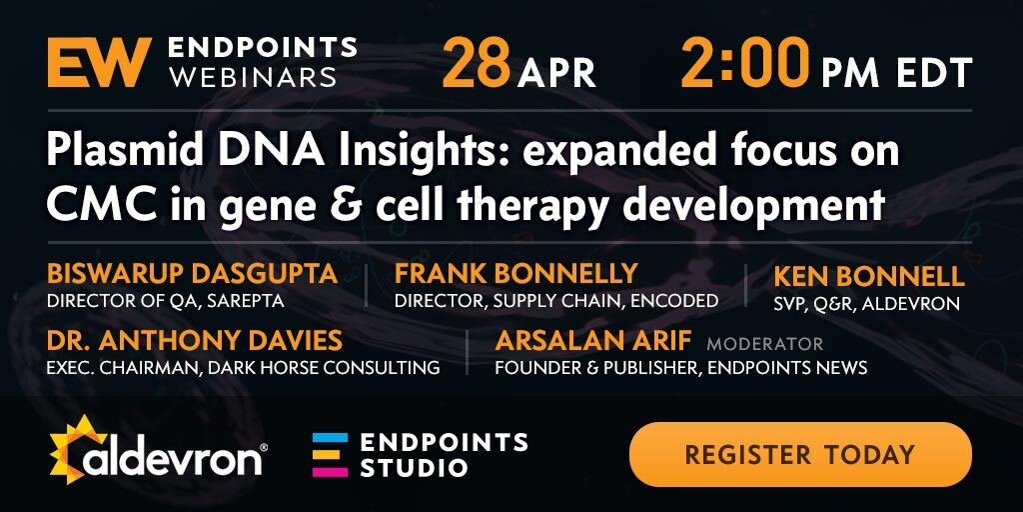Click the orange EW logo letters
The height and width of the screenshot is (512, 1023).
[99, 62]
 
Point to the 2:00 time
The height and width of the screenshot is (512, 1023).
[745, 64]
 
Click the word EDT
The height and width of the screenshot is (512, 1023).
[934, 72]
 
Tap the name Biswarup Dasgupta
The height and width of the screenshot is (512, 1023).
[193, 274]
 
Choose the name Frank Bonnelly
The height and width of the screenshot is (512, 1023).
[515, 274]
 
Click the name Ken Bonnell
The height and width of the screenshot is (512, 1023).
[869, 276]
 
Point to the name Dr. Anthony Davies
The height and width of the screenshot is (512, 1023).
[195, 340]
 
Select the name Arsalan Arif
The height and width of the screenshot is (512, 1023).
[593, 340]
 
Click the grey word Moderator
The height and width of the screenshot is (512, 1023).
[764, 343]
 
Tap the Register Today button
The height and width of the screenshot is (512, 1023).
[800, 454]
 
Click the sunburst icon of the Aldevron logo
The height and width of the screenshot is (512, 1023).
[78, 449]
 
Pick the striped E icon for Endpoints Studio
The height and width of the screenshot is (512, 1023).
[330, 455]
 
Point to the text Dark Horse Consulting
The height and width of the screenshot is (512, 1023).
[323, 368]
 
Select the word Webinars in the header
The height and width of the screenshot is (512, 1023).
[252, 77]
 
